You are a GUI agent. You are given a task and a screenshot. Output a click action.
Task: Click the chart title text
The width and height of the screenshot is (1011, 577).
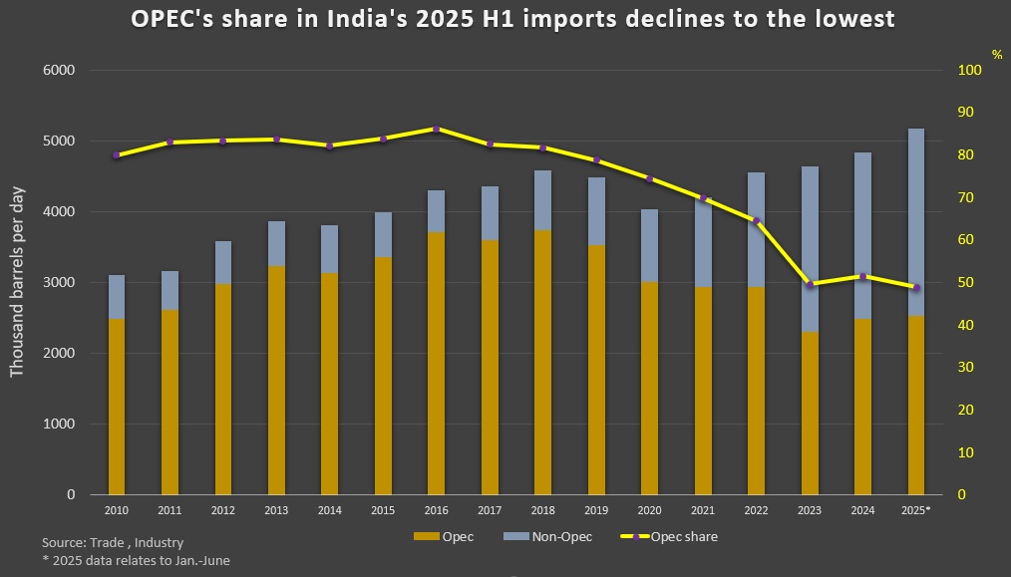click(505, 20)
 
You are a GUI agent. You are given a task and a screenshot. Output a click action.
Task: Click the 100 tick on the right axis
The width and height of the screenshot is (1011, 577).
click(969, 71)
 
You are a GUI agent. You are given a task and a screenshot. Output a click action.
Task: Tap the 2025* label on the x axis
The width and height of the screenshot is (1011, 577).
click(915, 510)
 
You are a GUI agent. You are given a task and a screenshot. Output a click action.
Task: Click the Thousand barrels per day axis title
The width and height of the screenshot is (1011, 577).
click(17, 284)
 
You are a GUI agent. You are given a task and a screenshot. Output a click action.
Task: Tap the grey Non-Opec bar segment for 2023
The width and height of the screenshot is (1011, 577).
click(809, 249)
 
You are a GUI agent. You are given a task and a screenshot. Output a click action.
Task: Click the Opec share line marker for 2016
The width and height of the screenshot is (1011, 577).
click(437, 129)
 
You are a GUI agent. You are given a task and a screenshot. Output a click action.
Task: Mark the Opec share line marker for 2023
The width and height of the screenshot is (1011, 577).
click(810, 285)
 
